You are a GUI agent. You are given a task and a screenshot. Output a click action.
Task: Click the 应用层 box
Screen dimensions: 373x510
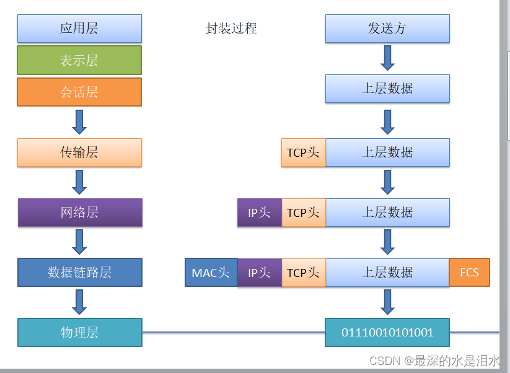tap(79, 29)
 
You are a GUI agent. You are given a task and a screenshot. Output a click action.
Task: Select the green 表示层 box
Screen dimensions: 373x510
tap(79, 60)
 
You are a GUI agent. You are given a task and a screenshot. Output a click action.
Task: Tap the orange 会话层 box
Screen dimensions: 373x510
tap(79, 92)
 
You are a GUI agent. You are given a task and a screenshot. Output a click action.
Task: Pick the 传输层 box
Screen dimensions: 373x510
tap(79, 152)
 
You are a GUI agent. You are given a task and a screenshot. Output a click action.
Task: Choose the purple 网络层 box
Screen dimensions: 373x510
tap(80, 213)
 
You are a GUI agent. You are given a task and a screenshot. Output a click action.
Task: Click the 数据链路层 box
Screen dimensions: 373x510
tap(80, 273)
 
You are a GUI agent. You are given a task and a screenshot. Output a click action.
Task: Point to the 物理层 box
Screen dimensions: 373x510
tap(80, 333)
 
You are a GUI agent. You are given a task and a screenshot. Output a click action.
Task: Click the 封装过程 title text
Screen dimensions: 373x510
tap(231, 29)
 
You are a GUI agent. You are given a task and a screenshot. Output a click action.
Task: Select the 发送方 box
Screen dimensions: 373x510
tap(387, 29)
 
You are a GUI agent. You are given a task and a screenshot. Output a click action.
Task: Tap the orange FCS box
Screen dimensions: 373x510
tap(469, 273)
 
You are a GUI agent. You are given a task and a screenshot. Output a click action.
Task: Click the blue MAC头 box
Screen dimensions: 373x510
tap(211, 273)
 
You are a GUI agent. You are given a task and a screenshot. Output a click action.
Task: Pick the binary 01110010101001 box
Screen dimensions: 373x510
tap(387, 333)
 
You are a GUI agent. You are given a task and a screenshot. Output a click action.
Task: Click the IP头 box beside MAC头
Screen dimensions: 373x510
tap(260, 273)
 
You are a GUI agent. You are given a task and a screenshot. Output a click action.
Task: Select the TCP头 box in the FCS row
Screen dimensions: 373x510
tap(304, 273)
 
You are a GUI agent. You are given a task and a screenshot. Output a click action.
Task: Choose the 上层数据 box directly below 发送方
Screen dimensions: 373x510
tap(387, 89)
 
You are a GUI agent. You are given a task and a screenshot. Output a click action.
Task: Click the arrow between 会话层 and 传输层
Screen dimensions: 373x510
tap(79, 121)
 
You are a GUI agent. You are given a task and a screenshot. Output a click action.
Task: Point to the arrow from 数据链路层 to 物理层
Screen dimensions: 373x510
tap(79, 302)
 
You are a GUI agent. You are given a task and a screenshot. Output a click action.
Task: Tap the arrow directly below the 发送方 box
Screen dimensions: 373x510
tap(387, 58)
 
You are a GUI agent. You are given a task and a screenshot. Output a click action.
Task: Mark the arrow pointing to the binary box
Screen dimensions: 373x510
tap(387, 302)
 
